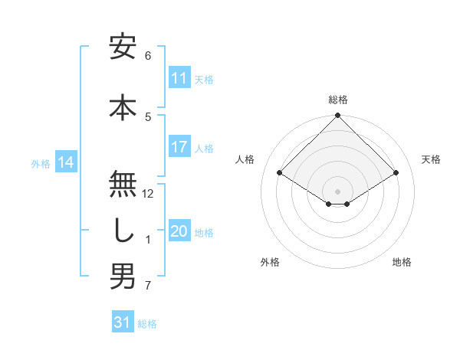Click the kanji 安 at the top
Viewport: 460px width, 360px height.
pyautogui.click(x=123, y=48)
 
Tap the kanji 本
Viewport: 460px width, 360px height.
pyautogui.click(x=123, y=106)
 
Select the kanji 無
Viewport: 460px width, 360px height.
pyautogui.click(x=123, y=183)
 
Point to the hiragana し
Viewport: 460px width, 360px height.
pyautogui.click(x=123, y=231)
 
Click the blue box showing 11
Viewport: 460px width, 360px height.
pyautogui.click(x=179, y=78)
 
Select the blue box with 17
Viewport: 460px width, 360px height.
pyautogui.click(x=179, y=147)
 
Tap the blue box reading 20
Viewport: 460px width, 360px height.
pyautogui.click(x=179, y=231)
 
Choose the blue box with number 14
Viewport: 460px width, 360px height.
pyautogui.click(x=66, y=162)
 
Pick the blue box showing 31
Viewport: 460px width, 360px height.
pyautogui.click(x=123, y=322)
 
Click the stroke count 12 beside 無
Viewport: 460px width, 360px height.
pyautogui.click(x=149, y=194)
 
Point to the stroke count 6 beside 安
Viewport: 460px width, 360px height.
pyautogui.click(x=148, y=56)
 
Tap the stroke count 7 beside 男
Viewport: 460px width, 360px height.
pyautogui.click(x=148, y=286)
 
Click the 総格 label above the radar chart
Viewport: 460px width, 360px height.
pyautogui.click(x=338, y=100)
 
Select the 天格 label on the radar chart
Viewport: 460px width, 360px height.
pyautogui.click(x=432, y=159)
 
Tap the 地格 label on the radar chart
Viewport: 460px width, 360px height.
pyautogui.click(x=402, y=262)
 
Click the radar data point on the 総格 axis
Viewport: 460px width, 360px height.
pyautogui.click(x=338, y=116)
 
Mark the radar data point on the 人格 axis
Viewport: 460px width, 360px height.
pyautogui.click(x=280, y=173)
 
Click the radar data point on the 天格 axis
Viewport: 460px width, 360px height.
pyautogui.click(x=396, y=173)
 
